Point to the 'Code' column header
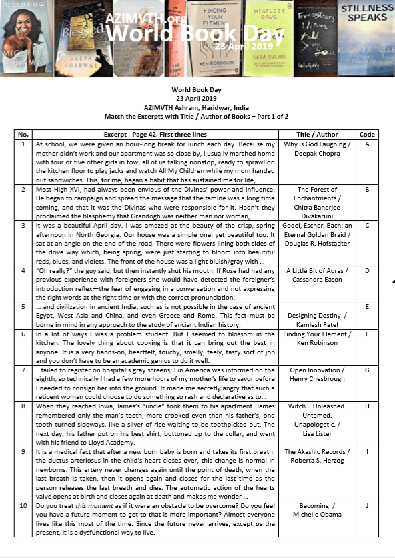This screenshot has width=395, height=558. click(x=367, y=134)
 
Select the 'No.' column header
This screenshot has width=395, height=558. click(x=23, y=134)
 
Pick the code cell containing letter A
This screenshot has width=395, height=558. click(x=367, y=144)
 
